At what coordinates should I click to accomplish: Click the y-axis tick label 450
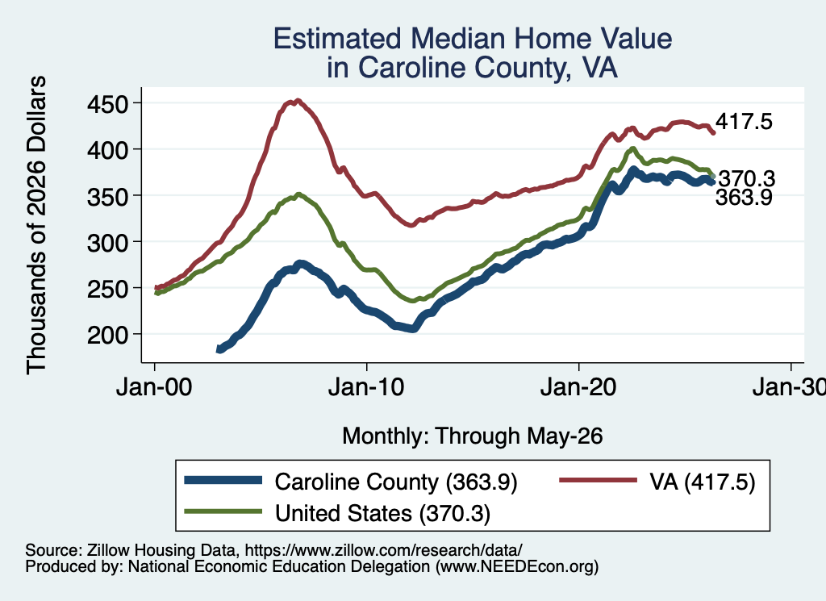point(107,104)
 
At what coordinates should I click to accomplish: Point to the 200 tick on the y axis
point(107,335)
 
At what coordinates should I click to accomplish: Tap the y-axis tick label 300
point(107,242)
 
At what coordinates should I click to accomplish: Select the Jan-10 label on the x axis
point(366,387)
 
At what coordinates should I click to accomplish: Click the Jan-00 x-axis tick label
point(154,387)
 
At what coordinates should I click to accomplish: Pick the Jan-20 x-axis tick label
point(578,387)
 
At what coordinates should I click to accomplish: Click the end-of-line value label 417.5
point(743,121)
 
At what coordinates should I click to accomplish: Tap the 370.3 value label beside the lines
point(747,179)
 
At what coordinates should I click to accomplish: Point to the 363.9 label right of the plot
point(743,197)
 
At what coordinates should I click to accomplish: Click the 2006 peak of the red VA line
point(298,100)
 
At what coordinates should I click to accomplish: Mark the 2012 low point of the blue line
point(413,328)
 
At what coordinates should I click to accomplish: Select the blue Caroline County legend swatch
point(223,480)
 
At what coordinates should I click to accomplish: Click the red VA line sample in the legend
point(598,480)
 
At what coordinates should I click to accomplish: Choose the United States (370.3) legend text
point(382,513)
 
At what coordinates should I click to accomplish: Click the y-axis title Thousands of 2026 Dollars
point(36,225)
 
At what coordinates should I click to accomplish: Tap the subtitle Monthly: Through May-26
point(473,436)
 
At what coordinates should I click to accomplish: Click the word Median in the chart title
point(457,39)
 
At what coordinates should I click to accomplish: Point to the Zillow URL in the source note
point(383,550)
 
